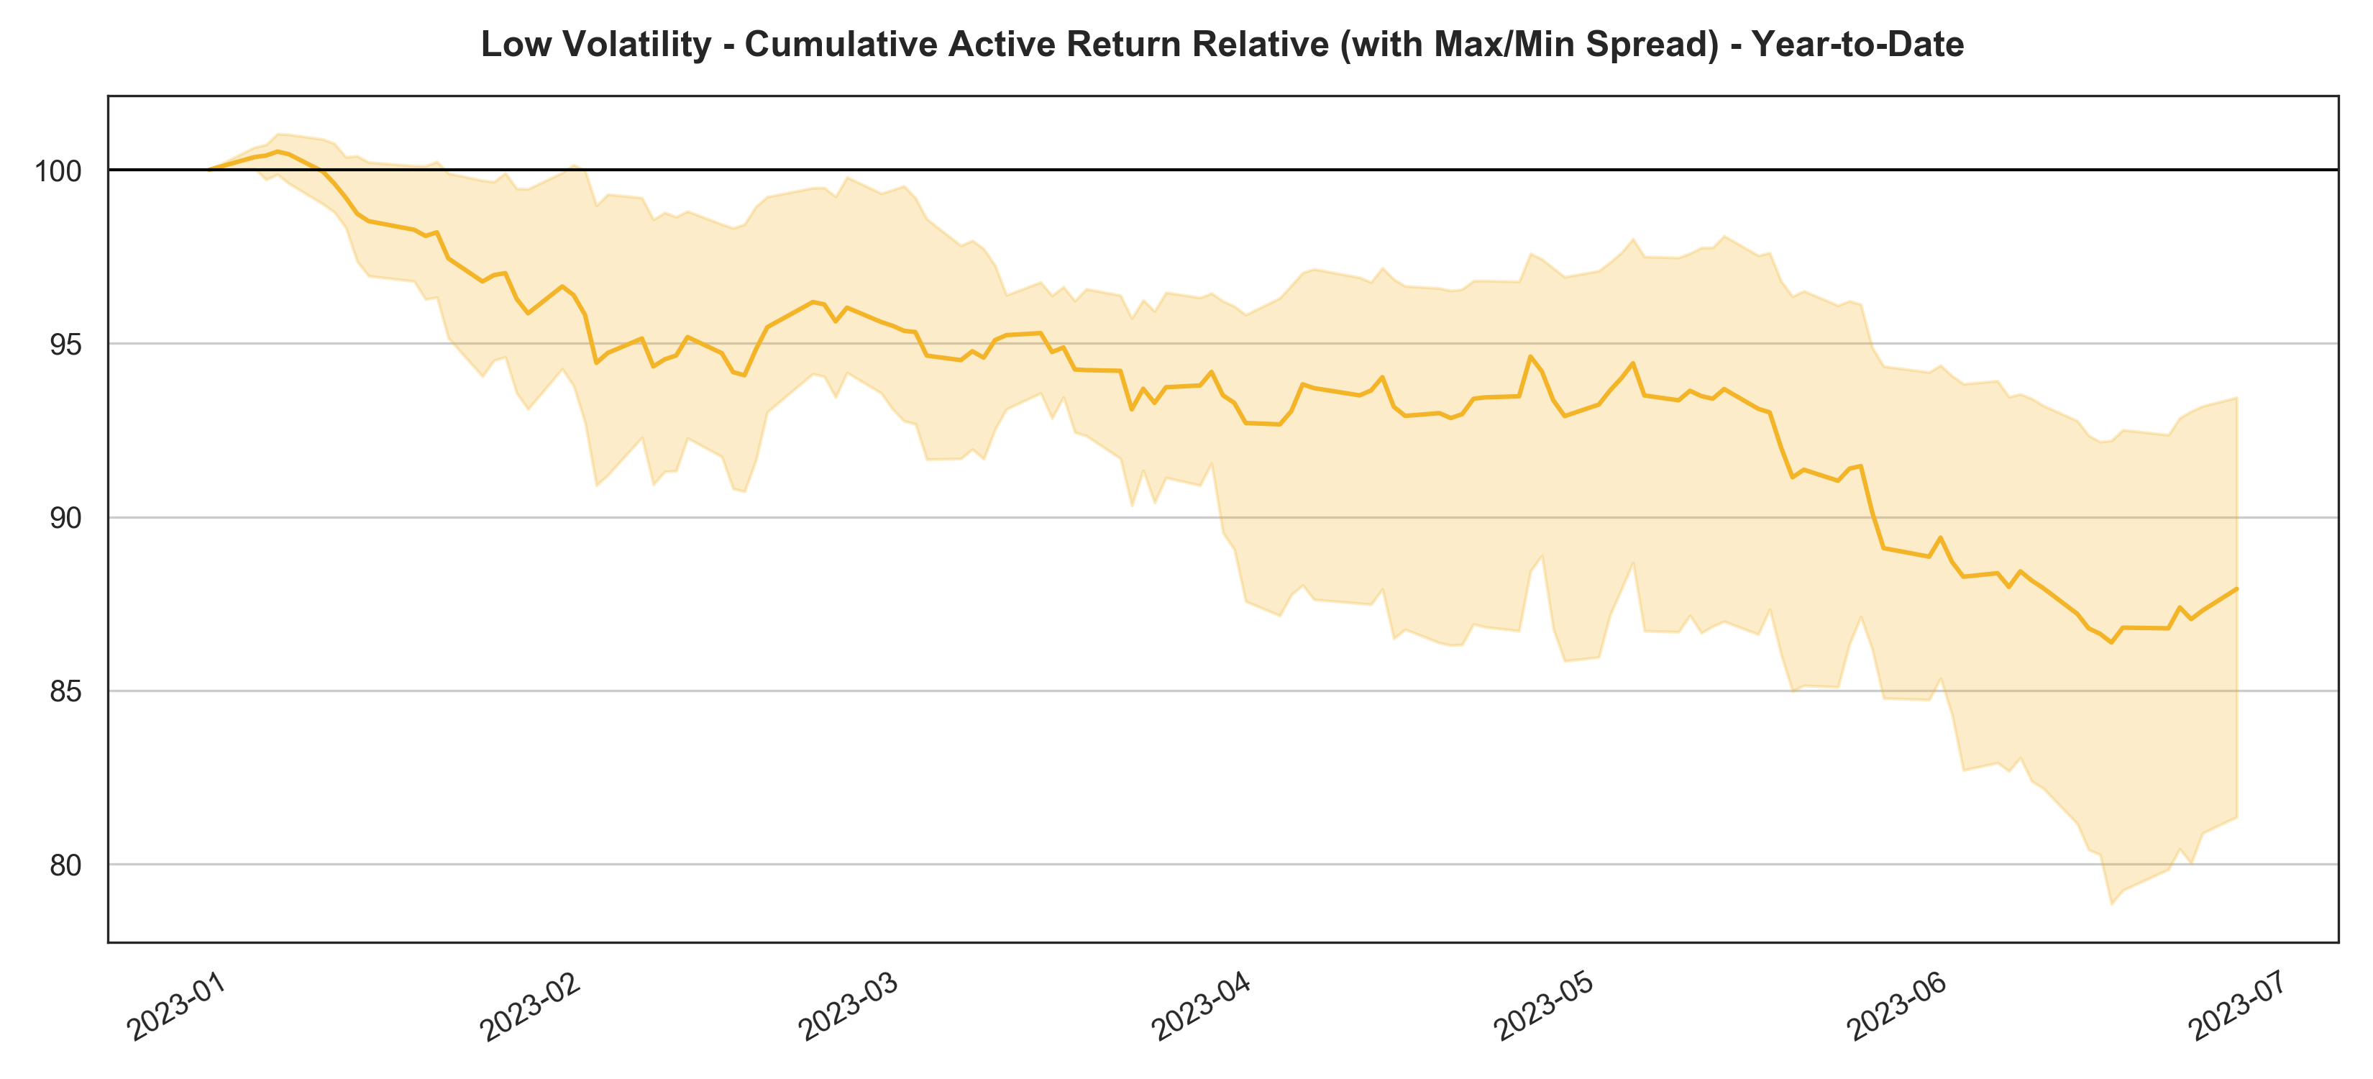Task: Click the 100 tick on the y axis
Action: (58, 171)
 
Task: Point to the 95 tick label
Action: (65, 345)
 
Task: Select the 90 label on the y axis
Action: (65, 519)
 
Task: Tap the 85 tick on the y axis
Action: (65, 692)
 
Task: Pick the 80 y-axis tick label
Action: (65, 865)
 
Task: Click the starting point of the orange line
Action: (209, 170)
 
